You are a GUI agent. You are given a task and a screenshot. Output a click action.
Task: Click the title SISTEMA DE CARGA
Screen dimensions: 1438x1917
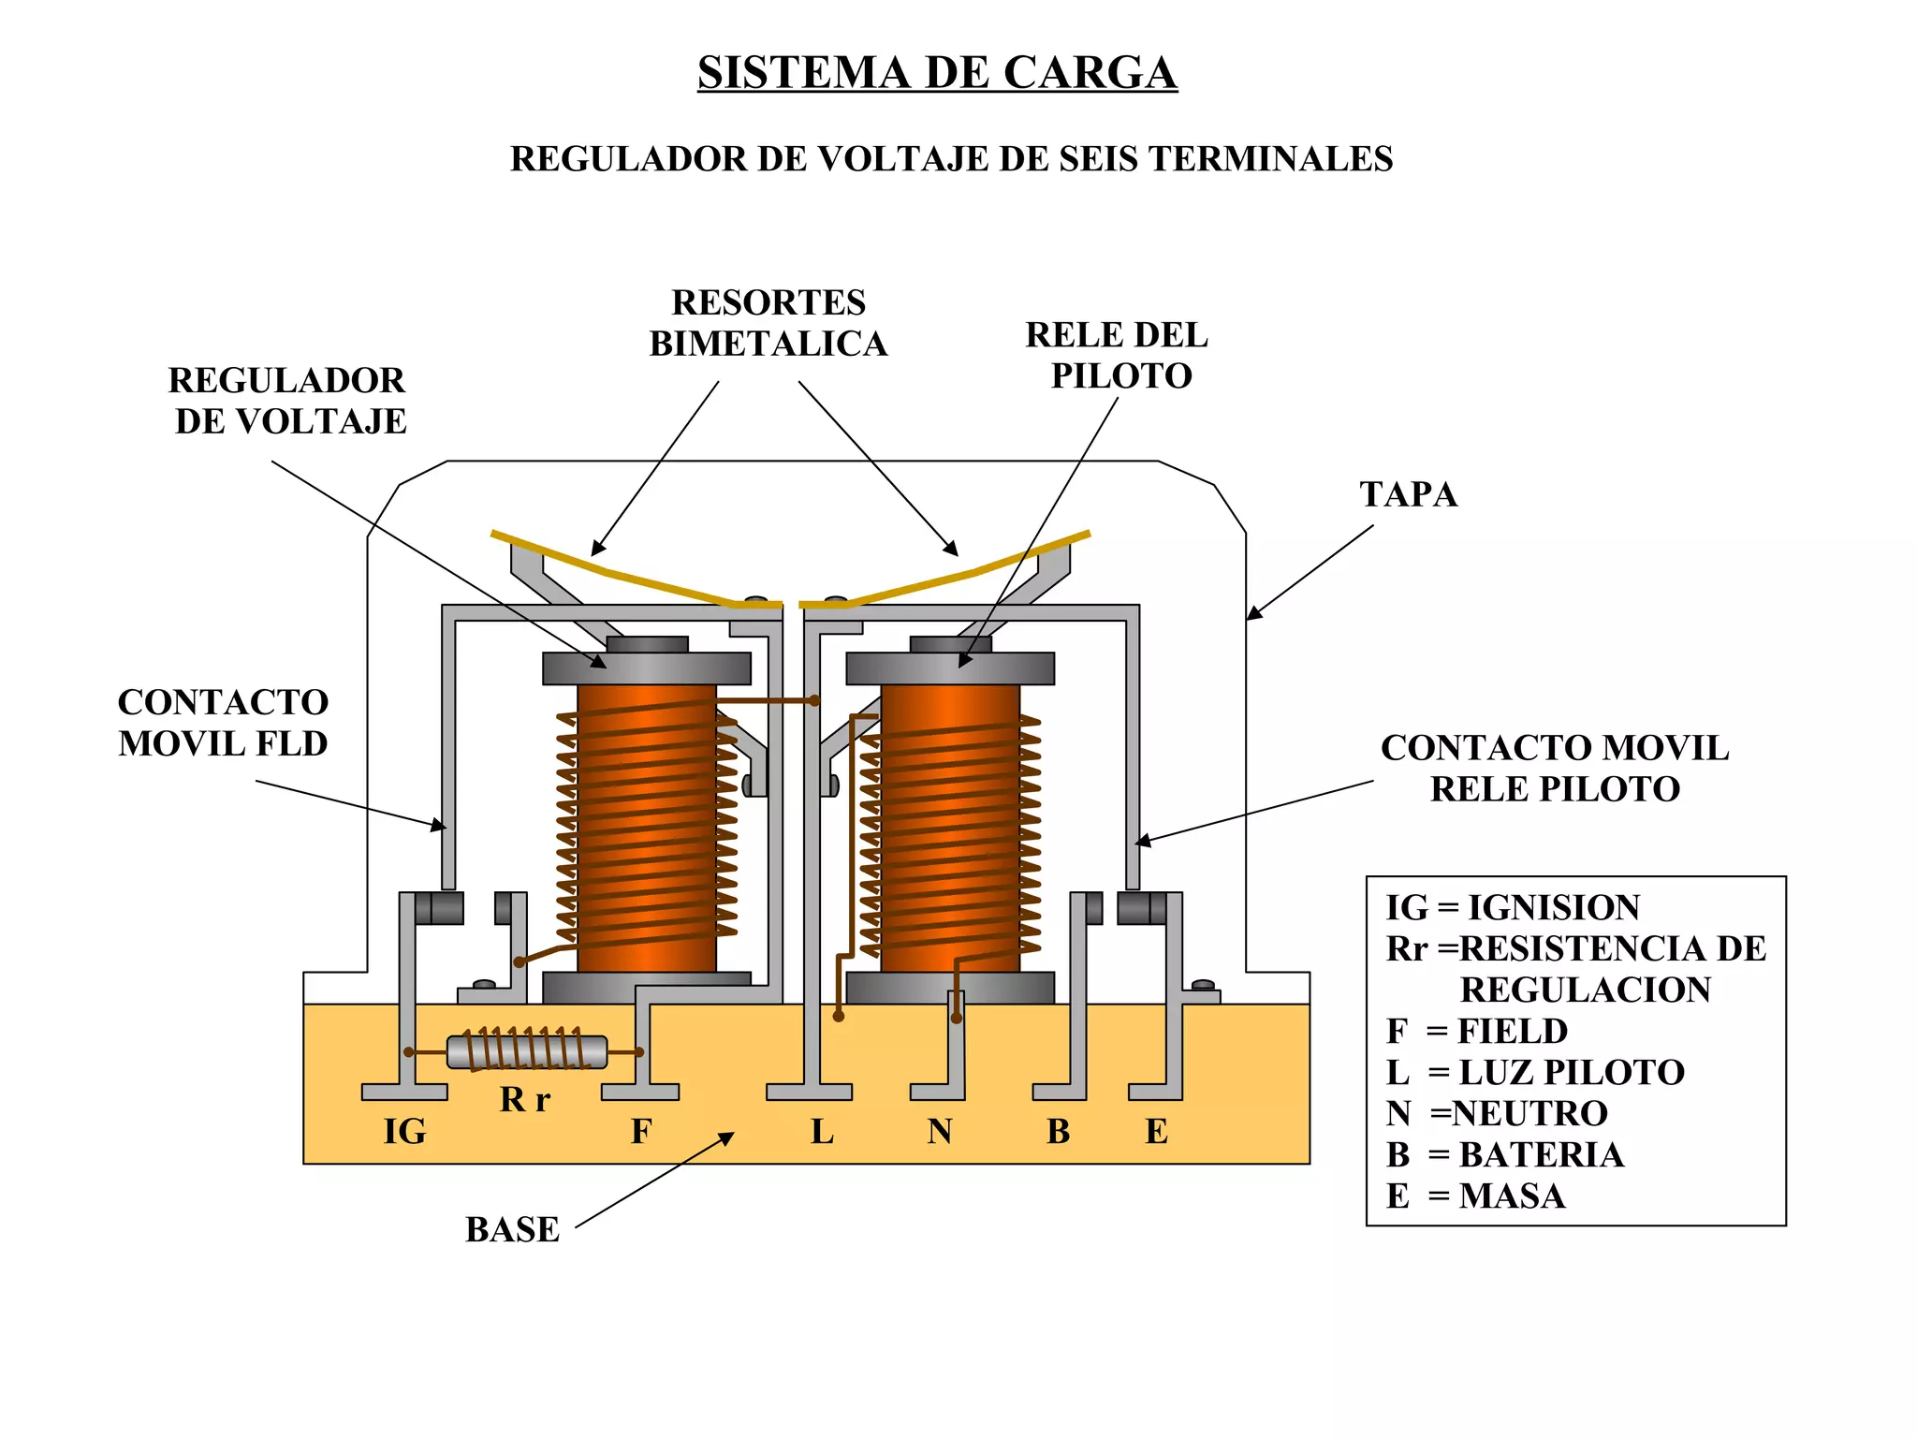tap(937, 73)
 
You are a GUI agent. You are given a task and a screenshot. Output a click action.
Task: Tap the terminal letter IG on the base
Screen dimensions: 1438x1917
tap(404, 1131)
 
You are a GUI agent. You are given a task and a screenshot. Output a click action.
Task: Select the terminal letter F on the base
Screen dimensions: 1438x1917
tap(640, 1131)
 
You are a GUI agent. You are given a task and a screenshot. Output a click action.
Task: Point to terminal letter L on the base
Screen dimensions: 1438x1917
tap(821, 1131)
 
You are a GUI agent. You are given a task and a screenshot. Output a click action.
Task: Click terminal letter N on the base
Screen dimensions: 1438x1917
tap(940, 1131)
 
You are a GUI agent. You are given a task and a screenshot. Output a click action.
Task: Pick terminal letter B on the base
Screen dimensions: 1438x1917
tap(1058, 1131)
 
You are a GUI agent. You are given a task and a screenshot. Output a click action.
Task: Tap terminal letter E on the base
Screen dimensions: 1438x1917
tap(1156, 1131)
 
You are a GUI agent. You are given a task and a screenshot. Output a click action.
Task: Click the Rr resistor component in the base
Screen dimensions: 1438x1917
tap(527, 1051)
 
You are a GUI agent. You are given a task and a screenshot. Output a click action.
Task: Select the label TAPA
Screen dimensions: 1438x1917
tap(1408, 494)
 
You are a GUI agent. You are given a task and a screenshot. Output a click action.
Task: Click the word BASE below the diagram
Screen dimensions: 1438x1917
tap(512, 1229)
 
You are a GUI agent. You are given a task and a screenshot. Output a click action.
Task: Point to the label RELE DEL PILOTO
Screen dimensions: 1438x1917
tap(1117, 356)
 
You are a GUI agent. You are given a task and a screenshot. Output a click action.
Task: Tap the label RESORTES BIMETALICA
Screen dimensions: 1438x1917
tap(768, 323)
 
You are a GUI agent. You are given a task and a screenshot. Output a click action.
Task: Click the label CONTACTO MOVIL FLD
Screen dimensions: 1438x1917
tap(223, 723)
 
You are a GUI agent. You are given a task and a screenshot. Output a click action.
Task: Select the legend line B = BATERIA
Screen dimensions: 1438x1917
tap(1505, 1154)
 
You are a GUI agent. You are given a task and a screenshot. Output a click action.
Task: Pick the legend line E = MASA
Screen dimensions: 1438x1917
tap(1475, 1196)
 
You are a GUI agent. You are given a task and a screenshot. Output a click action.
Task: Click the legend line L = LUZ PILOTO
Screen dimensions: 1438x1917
tap(1535, 1072)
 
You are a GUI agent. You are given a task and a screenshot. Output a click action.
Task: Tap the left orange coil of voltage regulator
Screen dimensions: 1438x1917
tap(646, 829)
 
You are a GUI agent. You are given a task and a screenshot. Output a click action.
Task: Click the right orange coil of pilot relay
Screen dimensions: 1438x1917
tap(950, 829)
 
